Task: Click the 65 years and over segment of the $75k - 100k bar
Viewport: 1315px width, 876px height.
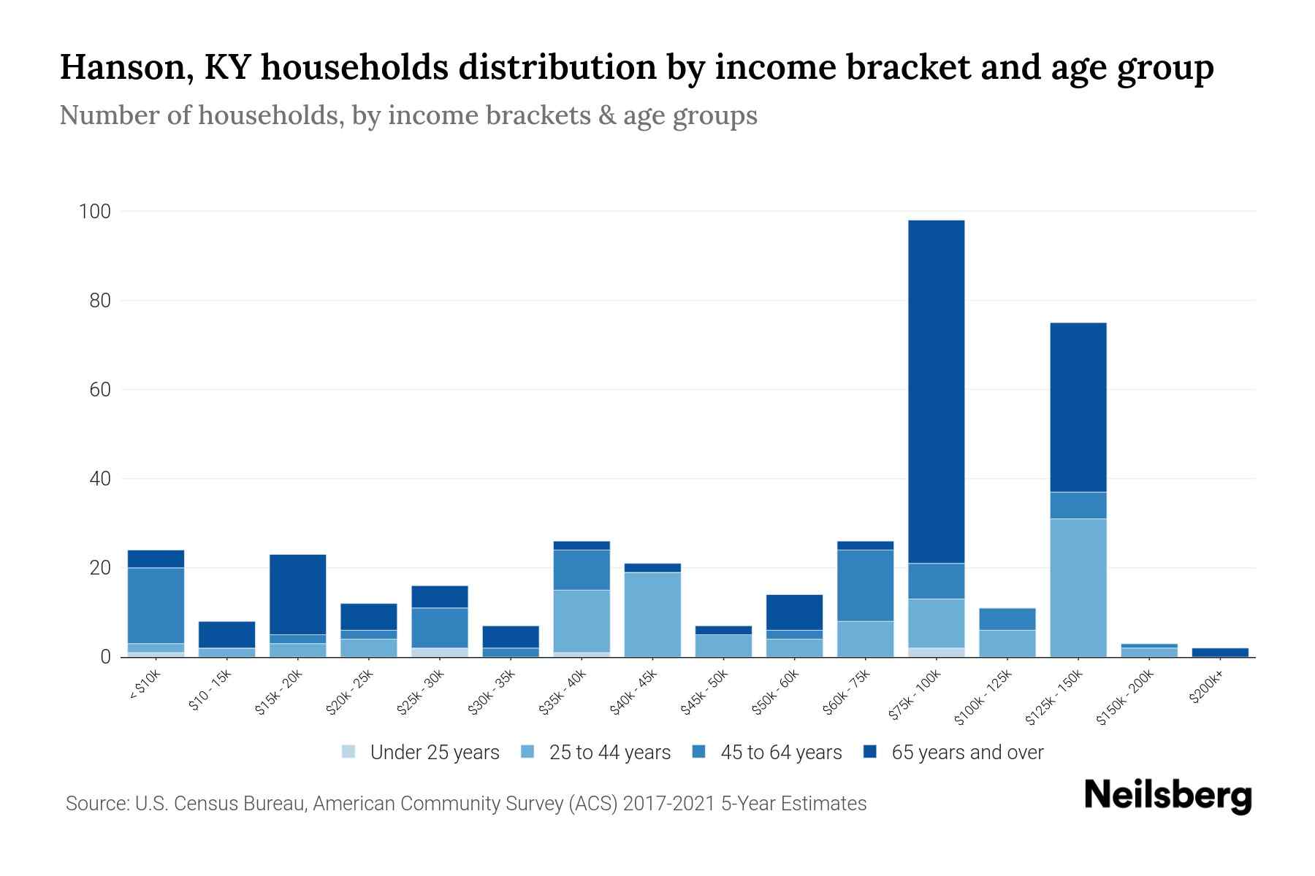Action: click(x=936, y=391)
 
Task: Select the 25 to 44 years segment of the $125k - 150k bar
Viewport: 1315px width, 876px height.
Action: click(x=1078, y=588)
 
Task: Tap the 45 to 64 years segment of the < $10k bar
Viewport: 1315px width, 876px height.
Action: click(x=156, y=605)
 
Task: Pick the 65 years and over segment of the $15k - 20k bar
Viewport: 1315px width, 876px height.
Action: click(x=297, y=594)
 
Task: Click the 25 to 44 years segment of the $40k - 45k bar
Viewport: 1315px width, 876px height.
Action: click(x=652, y=614)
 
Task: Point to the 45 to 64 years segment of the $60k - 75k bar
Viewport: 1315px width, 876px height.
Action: click(x=865, y=585)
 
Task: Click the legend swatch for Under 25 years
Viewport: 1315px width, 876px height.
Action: click(x=349, y=752)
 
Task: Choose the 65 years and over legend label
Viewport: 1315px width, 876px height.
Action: click(x=967, y=753)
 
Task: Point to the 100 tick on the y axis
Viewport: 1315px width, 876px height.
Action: click(x=94, y=212)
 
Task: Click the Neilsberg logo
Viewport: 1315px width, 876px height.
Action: click(x=1167, y=796)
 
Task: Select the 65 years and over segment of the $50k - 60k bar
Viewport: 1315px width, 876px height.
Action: click(x=794, y=612)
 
